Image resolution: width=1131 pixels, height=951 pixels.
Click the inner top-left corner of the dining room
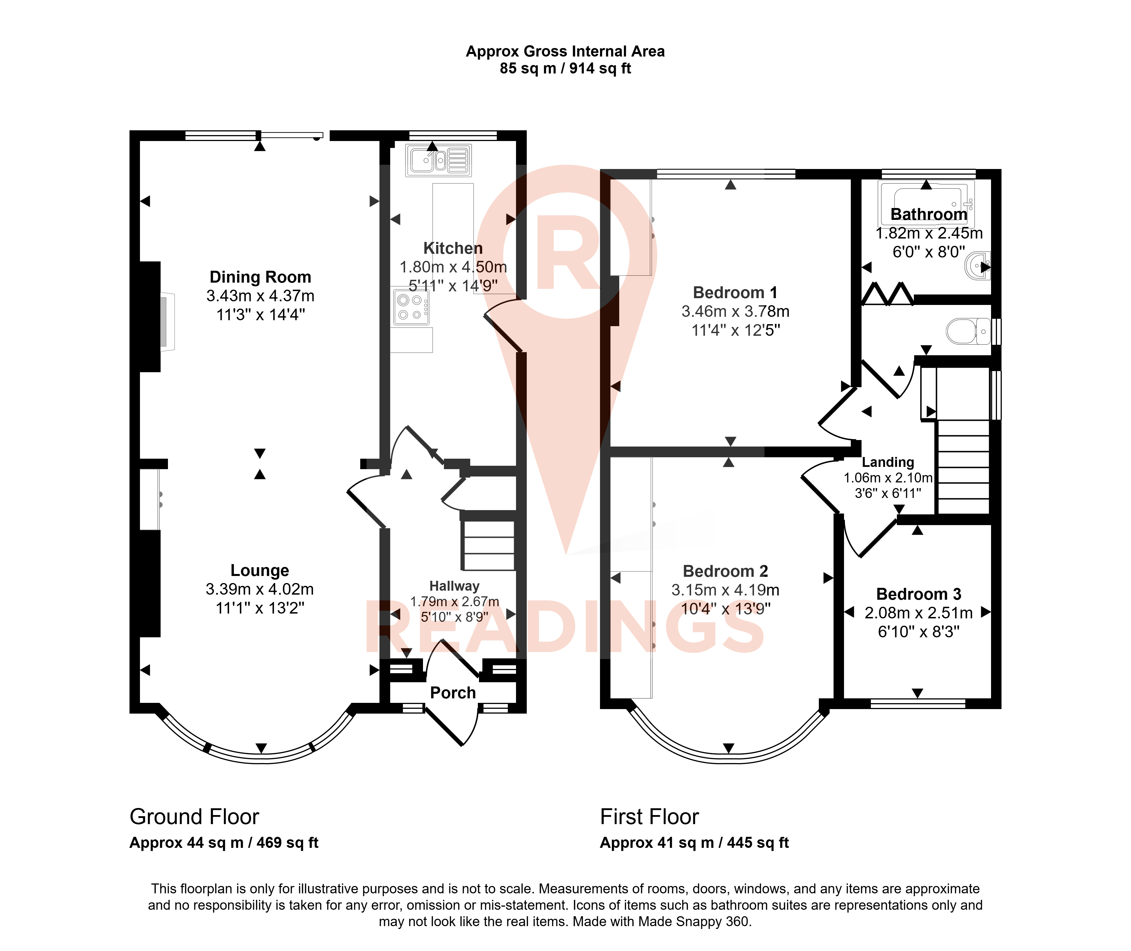pyautogui.click(x=140, y=141)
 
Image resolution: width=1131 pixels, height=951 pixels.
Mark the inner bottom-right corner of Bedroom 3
pyautogui.click(x=991, y=699)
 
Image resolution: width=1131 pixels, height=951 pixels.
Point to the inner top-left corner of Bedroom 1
pyautogui.click(x=610, y=179)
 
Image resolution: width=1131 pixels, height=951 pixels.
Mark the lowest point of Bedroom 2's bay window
pyautogui.click(x=729, y=761)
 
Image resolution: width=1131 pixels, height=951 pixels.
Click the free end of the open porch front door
pyautogui.click(x=462, y=746)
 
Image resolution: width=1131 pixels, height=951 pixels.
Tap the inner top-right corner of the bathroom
pyautogui.click(x=991, y=179)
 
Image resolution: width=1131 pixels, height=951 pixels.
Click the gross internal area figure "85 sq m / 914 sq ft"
pyautogui.click(x=565, y=68)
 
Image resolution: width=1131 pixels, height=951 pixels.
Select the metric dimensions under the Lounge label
pyautogui.click(x=260, y=589)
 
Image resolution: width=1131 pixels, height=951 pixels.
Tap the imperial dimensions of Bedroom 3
pyautogui.click(x=918, y=631)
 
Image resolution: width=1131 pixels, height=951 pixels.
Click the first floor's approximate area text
pyautogui.click(x=694, y=843)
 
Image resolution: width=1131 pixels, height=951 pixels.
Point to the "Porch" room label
pyautogui.click(x=453, y=693)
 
